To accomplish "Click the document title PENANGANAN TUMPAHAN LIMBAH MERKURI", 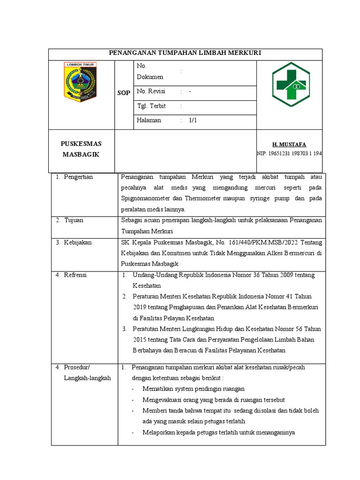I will click(185, 53).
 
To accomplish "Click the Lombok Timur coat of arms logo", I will click(80, 82).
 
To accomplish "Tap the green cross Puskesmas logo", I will click(291, 85).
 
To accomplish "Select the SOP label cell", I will click(123, 93).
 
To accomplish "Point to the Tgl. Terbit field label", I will click(151, 106).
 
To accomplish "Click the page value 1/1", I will click(193, 120).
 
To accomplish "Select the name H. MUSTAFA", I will click(289, 144).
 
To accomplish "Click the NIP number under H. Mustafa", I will click(289, 153).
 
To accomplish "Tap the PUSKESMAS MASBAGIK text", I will click(82, 149).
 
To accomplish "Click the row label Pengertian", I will click(78, 177).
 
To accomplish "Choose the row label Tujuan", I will click(74, 220).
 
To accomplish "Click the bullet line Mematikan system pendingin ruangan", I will click(194, 389).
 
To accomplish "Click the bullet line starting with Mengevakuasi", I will click(214, 400).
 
